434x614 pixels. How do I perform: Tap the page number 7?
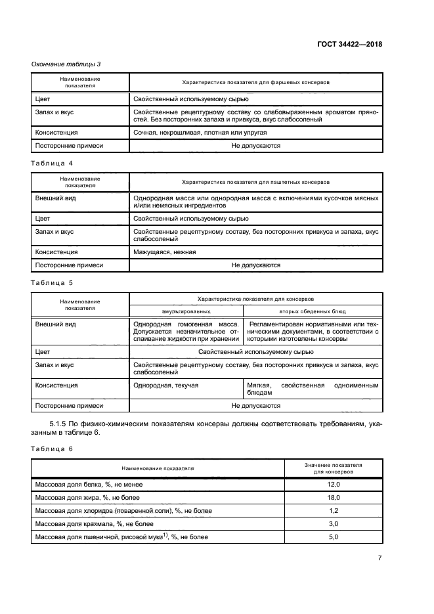point(380,558)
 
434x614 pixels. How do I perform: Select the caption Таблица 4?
point(53,162)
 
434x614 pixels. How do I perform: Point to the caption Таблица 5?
point(53,282)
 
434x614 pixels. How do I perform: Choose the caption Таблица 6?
point(53,449)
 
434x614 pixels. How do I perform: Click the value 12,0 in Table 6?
point(333,484)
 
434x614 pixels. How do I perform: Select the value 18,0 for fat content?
point(333,497)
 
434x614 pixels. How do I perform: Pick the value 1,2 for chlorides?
point(333,510)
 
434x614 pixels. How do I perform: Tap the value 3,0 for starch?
point(333,523)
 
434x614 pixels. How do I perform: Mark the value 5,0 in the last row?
point(333,537)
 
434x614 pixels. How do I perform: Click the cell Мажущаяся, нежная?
point(164,252)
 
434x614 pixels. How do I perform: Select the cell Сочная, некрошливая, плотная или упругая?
point(190,132)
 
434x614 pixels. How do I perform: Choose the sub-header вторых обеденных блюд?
point(313,311)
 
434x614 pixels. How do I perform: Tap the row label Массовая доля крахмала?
point(94,523)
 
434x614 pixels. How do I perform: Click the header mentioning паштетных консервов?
point(255,181)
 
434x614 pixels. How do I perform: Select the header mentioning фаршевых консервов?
point(255,83)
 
